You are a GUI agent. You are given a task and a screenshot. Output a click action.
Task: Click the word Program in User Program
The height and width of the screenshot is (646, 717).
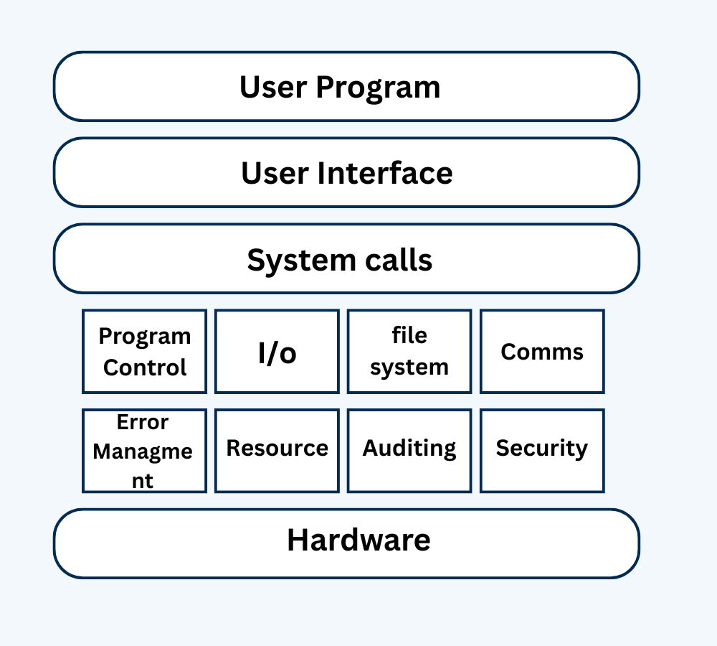(378, 88)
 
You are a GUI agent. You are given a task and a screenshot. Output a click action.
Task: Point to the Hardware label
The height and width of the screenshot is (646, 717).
(358, 540)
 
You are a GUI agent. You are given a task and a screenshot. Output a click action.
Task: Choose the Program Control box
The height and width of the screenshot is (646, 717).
(144, 352)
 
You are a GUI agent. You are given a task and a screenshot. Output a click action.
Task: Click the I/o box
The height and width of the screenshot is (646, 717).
(277, 352)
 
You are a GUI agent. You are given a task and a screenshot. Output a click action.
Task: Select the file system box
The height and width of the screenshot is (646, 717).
(409, 352)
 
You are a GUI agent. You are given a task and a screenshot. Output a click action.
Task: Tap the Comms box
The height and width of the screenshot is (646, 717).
(542, 352)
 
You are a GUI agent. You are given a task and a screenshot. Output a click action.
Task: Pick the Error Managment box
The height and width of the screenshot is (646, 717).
(144, 451)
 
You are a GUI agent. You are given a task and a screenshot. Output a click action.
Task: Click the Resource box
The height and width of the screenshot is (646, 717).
(277, 449)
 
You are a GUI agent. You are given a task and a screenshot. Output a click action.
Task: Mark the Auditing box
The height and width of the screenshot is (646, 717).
(409, 449)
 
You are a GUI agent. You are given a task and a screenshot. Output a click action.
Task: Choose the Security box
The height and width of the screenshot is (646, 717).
(542, 449)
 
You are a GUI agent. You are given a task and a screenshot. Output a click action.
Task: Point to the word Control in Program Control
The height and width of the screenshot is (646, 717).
(144, 368)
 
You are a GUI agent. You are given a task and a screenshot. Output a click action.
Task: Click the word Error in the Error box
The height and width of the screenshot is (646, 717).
(143, 422)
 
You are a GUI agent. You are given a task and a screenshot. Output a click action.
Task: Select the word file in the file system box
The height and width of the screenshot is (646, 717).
(409, 335)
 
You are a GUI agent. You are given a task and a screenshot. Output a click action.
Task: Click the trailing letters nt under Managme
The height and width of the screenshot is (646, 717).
(142, 480)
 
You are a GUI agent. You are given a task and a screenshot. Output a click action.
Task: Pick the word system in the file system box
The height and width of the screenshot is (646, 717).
(409, 368)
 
